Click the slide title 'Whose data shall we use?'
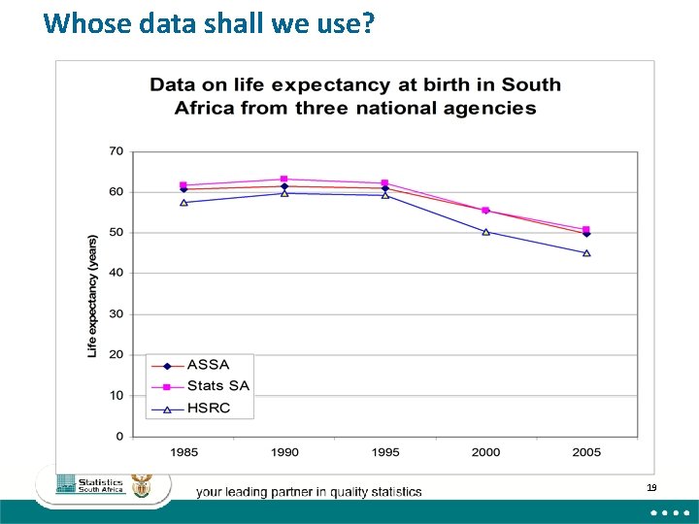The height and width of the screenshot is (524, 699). [209, 23]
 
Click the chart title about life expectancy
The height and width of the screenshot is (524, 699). [355, 96]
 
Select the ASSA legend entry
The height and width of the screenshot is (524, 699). [208, 365]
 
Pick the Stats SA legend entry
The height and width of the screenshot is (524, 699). [217, 386]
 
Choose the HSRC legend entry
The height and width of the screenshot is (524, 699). [209, 409]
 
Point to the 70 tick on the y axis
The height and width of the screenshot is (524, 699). [116, 151]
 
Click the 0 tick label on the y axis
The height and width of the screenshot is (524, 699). [119, 437]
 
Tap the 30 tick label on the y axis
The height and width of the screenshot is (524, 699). [116, 314]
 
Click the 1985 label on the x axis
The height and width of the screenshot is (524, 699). [183, 451]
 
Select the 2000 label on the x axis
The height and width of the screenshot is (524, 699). [486, 451]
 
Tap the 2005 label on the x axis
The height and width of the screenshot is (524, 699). [586, 451]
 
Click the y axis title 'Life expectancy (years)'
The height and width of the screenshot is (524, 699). [93, 295]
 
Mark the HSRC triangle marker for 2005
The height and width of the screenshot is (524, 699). [586, 253]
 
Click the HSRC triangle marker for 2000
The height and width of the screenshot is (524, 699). [486, 232]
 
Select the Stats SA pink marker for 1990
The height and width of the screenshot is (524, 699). [284, 179]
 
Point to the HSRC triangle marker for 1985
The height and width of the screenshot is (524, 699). [183, 202]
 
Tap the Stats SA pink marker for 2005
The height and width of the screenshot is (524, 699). [586, 230]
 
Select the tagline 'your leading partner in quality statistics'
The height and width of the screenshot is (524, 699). [309, 492]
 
